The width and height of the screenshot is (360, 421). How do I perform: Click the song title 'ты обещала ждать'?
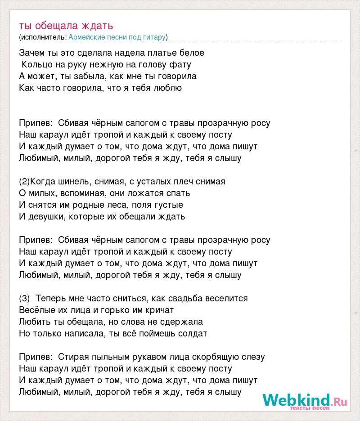point(66,25)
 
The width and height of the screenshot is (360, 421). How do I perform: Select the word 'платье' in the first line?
point(166,53)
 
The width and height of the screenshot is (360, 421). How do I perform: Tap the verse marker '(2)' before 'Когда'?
point(24,182)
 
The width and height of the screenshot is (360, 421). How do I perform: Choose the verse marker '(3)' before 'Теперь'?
point(24,299)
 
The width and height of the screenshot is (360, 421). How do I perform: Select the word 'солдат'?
point(192,334)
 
